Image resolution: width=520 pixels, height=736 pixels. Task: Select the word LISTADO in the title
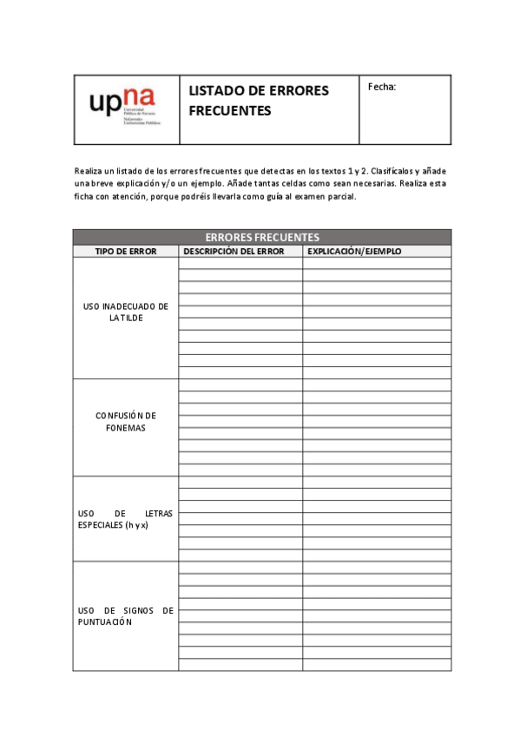215,91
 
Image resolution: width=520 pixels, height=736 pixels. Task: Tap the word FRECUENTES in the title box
230,110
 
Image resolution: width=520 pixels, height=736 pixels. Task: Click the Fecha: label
382,87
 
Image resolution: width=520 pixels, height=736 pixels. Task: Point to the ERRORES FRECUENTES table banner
262,237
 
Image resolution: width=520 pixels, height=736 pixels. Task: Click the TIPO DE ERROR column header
126,252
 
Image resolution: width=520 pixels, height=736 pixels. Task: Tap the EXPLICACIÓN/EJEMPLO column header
355,252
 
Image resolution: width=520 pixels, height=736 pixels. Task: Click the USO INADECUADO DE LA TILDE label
126,312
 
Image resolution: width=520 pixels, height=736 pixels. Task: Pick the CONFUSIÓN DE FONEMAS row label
126,422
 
